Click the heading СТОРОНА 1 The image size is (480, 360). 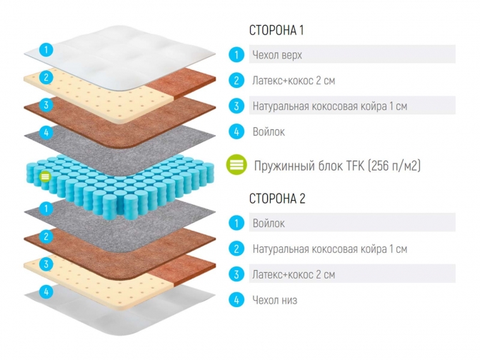pyautogui.click(x=276, y=31)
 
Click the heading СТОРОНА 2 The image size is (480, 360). pyautogui.click(x=277, y=199)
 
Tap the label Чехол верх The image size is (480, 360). pyautogui.click(x=276, y=54)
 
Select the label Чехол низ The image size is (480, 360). pyautogui.click(x=274, y=300)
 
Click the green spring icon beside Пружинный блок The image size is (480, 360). pyautogui.click(x=236, y=165)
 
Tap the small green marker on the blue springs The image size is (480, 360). pyautogui.click(x=46, y=176)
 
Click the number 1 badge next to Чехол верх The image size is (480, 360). pyautogui.click(x=236, y=54)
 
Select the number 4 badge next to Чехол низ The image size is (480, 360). pyautogui.click(x=236, y=300)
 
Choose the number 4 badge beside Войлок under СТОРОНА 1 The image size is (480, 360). pyautogui.click(x=236, y=131)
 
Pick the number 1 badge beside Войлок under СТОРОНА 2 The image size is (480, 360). pyautogui.click(x=236, y=224)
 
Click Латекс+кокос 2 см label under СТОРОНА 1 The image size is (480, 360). pyautogui.click(x=294, y=80)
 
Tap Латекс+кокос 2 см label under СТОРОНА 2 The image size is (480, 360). pyautogui.click(x=294, y=274)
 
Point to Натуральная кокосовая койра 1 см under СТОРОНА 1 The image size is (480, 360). pyautogui.click(x=329, y=106)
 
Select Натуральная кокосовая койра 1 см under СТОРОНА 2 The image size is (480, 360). pyautogui.click(x=329, y=249)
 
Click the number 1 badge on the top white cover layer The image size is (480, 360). pyautogui.click(x=46, y=50)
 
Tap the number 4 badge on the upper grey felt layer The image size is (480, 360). pyautogui.click(x=46, y=133)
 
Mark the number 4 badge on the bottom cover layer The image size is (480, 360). pyautogui.click(x=46, y=291)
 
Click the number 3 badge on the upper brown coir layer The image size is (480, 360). pyautogui.click(x=46, y=105)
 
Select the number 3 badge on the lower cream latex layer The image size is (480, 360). pyautogui.click(x=46, y=264)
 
